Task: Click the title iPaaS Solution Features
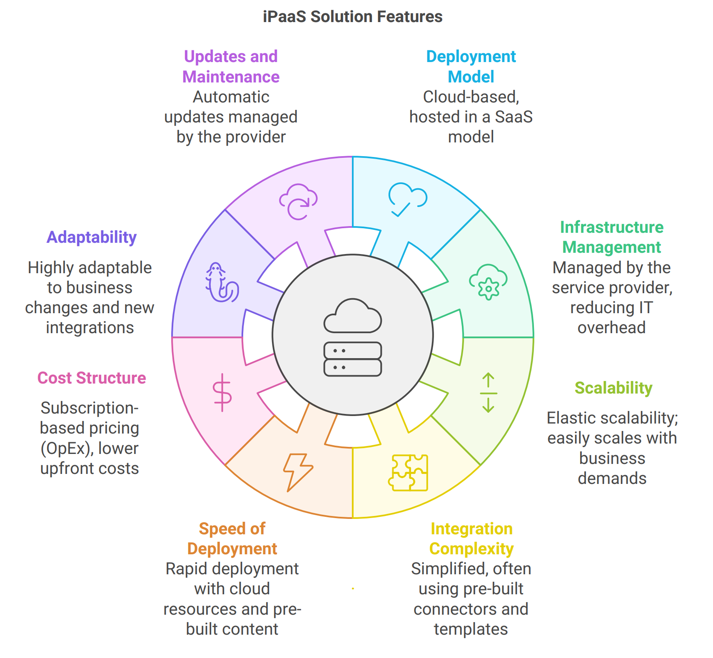pyautogui.click(x=352, y=17)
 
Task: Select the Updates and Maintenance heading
pyautogui.click(x=231, y=67)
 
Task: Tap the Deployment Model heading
pyautogui.click(x=471, y=67)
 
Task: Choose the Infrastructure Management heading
pyautogui.click(x=612, y=237)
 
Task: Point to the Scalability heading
pyautogui.click(x=613, y=388)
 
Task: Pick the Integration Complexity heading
pyautogui.click(x=471, y=538)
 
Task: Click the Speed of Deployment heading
pyautogui.click(x=232, y=538)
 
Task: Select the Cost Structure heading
pyautogui.click(x=92, y=378)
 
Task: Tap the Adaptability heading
pyautogui.click(x=92, y=237)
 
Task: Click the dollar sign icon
pyautogui.click(x=222, y=393)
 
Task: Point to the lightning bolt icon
pyautogui.click(x=298, y=472)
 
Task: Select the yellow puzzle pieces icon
pyautogui.click(x=408, y=473)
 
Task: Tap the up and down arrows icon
pyautogui.click(x=488, y=393)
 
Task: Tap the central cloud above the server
pyautogui.click(x=353, y=316)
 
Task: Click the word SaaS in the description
pyautogui.click(x=514, y=117)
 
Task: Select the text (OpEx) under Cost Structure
pyautogui.click(x=66, y=449)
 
